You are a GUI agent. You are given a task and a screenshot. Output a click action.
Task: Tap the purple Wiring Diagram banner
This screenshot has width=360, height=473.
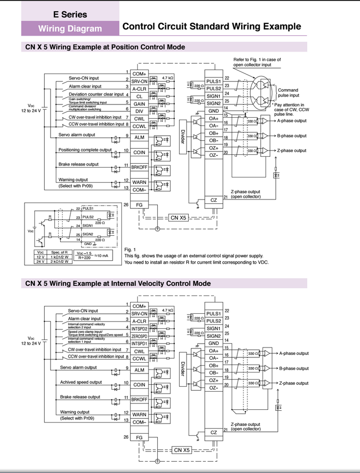point(70,28)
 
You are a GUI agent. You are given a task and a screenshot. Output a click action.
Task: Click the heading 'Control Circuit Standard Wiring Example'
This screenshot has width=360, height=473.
point(212,26)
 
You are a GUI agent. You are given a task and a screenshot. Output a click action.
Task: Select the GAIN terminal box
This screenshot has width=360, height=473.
point(139,104)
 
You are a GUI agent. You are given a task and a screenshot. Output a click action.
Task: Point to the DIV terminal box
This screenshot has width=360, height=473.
point(139,111)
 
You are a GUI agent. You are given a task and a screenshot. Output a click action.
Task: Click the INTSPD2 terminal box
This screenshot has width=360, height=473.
point(139,328)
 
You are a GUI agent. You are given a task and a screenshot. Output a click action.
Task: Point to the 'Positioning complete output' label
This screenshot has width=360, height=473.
point(85,149)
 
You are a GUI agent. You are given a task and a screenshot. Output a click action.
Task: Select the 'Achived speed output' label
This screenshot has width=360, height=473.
point(81,382)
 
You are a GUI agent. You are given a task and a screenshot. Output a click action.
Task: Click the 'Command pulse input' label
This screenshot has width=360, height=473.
point(288,93)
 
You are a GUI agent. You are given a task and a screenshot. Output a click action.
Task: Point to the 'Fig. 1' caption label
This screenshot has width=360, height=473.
point(130,249)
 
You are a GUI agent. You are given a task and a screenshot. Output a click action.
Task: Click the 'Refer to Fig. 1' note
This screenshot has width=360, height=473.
point(257,62)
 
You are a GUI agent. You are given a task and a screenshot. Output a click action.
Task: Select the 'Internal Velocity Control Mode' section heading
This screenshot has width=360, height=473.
point(118,283)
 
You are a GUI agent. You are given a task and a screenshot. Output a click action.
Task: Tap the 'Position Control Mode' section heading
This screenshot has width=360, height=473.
point(105,48)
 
